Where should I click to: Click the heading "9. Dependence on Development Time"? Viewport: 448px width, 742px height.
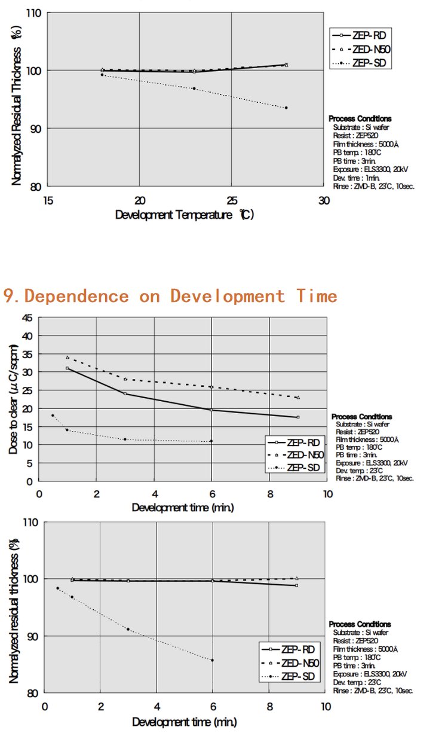[x=171, y=296]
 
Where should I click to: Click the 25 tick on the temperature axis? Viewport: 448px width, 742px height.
[x=232, y=201]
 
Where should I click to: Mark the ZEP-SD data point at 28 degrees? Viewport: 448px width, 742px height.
[x=286, y=108]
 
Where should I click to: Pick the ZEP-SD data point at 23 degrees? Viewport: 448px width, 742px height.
[x=194, y=88]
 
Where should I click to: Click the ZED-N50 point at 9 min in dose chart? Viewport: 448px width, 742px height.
[x=298, y=398]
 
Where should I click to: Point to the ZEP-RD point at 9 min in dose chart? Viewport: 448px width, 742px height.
[x=298, y=417]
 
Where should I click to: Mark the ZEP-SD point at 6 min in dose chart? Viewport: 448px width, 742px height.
[x=211, y=441]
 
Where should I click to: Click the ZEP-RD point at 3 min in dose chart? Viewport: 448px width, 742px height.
[x=125, y=393]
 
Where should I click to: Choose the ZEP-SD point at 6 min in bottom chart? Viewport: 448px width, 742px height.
[x=212, y=660]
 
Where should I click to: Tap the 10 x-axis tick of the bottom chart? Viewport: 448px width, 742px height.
[x=325, y=706]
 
